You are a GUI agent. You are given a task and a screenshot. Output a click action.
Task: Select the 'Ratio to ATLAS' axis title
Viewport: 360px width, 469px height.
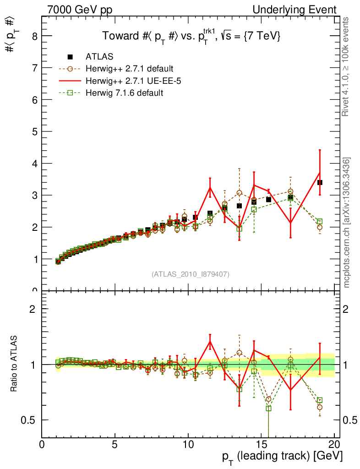click(14, 365)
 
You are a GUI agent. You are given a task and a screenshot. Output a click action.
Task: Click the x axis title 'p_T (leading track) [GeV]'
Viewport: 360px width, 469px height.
click(282, 456)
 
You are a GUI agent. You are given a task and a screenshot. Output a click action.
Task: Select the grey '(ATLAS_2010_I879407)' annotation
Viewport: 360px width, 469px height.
click(191, 274)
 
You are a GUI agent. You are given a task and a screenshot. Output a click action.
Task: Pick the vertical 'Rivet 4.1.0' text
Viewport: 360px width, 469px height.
click(346, 66)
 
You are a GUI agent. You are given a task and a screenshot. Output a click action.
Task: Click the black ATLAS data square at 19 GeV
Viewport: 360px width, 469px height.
click(320, 182)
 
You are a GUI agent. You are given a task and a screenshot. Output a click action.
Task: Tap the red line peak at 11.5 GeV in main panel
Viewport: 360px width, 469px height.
click(210, 187)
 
